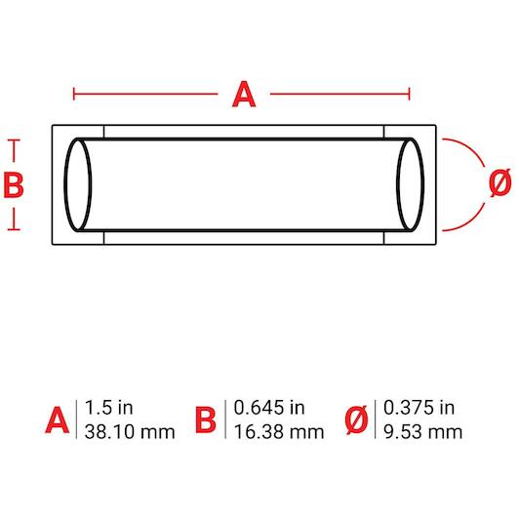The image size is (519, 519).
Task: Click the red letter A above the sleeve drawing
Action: point(244,95)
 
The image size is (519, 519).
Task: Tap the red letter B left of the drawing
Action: point(14,185)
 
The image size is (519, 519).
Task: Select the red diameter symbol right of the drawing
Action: point(500,182)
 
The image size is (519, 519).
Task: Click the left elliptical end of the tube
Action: point(65,185)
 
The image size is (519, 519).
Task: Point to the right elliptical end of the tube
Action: point(423,185)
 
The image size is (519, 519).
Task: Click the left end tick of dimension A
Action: point(74,94)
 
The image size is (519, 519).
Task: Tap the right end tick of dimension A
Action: point(410,94)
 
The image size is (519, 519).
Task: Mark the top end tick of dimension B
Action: point(14,140)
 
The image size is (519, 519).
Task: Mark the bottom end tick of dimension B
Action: point(14,229)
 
